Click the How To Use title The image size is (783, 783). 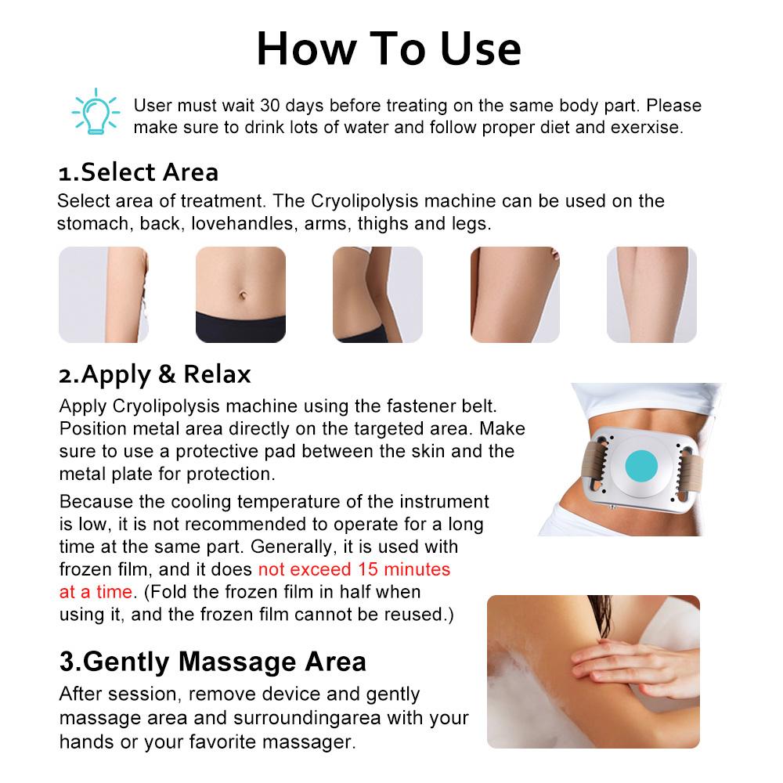(x=389, y=48)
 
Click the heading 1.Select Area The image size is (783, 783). (x=139, y=171)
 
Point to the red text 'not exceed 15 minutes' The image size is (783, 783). (x=354, y=568)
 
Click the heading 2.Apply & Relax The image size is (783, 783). (x=155, y=374)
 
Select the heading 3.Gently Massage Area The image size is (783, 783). (x=212, y=662)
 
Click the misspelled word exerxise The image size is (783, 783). (x=648, y=127)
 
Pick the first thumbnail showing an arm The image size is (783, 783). (x=103, y=294)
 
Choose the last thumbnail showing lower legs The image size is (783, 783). (x=651, y=294)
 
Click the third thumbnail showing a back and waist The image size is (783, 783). (x=377, y=294)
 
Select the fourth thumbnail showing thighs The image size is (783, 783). (x=514, y=294)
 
